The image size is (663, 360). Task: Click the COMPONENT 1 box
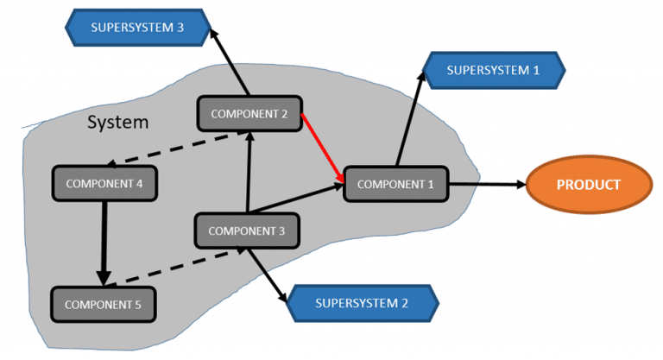(x=395, y=184)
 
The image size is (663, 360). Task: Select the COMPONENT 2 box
(x=249, y=113)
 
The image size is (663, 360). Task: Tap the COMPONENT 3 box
(x=247, y=231)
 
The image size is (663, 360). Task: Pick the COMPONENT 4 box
(x=104, y=184)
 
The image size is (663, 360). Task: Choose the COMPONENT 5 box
(x=103, y=304)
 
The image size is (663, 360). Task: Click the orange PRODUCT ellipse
(x=589, y=185)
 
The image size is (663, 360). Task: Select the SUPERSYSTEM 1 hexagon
(x=493, y=70)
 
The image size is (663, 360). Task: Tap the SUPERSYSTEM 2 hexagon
(x=361, y=303)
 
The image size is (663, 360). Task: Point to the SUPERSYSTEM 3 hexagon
(x=137, y=27)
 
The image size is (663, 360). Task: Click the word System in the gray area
(x=117, y=123)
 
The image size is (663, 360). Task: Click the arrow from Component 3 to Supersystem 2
(x=268, y=275)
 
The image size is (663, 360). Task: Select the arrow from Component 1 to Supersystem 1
(x=409, y=121)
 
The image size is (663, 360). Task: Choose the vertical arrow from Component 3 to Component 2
(x=249, y=173)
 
